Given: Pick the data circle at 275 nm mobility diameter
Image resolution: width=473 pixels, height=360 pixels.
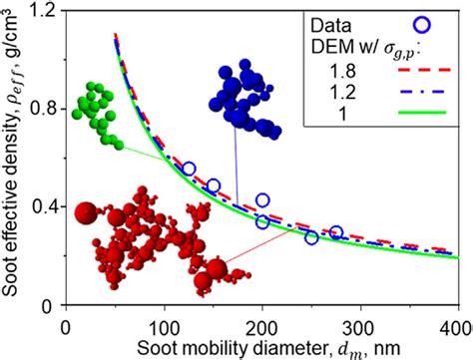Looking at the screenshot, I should click(336, 232).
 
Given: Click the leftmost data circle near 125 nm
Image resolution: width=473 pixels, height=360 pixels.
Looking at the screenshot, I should click(189, 170).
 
